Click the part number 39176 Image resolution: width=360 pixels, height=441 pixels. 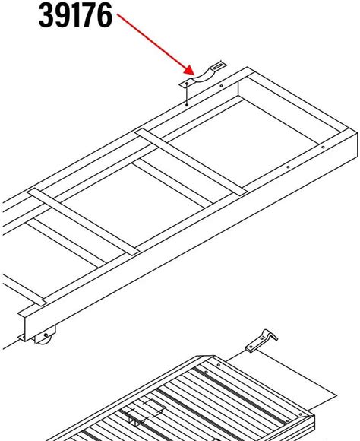75,15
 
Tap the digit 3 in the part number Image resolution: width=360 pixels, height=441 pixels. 46,15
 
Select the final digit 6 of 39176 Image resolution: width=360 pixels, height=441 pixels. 106,15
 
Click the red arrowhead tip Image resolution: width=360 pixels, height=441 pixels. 194,75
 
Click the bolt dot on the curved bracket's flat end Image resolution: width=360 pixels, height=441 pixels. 187,84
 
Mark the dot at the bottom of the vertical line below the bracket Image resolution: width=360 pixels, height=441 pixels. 187,105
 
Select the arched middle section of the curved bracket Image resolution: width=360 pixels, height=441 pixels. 202,75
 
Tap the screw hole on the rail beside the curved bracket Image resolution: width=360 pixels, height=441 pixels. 222,86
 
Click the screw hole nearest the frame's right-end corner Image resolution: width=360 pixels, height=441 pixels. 323,147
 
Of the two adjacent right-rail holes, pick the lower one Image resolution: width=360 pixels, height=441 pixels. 288,167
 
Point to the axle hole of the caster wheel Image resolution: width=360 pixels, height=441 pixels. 46,335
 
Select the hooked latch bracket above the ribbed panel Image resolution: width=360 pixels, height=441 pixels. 261,341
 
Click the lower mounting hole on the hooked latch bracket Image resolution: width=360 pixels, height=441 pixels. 251,347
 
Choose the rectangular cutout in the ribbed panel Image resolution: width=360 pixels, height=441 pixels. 153,407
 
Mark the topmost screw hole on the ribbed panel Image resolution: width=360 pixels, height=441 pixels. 219,365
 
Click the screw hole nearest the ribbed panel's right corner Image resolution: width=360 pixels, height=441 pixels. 301,414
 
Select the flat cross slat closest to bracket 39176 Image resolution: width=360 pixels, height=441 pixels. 191,162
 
